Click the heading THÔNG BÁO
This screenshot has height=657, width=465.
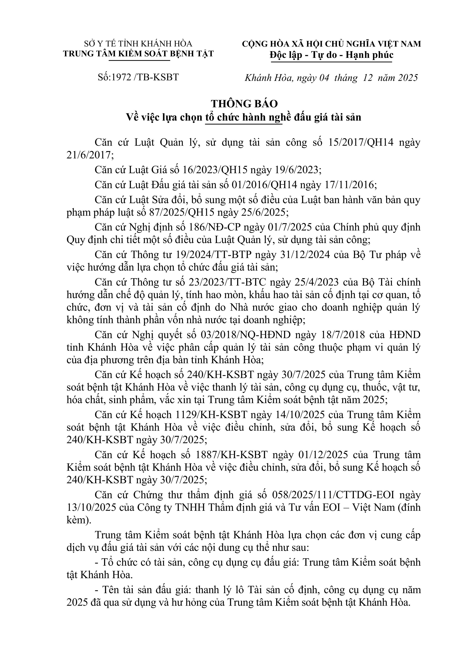tap(244, 104)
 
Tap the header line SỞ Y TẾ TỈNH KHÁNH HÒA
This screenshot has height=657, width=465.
tap(138, 44)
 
